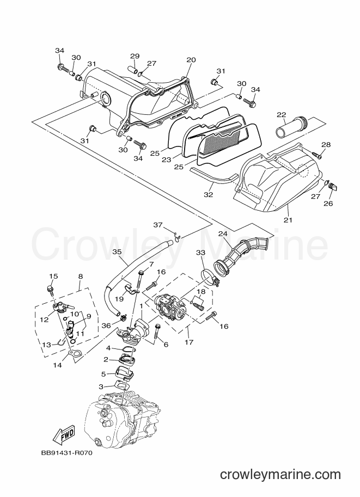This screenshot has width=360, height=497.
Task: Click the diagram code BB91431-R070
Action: coord(66,453)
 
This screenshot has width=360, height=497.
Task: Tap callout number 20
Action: coord(191,60)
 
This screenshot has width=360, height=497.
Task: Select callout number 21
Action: coord(288,220)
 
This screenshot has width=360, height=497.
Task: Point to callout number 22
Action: coord(281,115)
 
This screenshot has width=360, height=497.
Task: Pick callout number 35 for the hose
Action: coord(117,252)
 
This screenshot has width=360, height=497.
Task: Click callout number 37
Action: coord(158,225)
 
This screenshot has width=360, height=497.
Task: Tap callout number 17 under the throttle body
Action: coord(189,342)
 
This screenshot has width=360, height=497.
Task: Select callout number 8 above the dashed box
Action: coord(80,277)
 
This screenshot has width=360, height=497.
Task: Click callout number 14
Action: coord(57,365)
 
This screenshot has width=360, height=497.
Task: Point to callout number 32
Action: coord(209,195)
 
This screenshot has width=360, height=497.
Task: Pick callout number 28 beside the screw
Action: coord(326,145)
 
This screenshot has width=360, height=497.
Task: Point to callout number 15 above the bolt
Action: coord(53,277)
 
